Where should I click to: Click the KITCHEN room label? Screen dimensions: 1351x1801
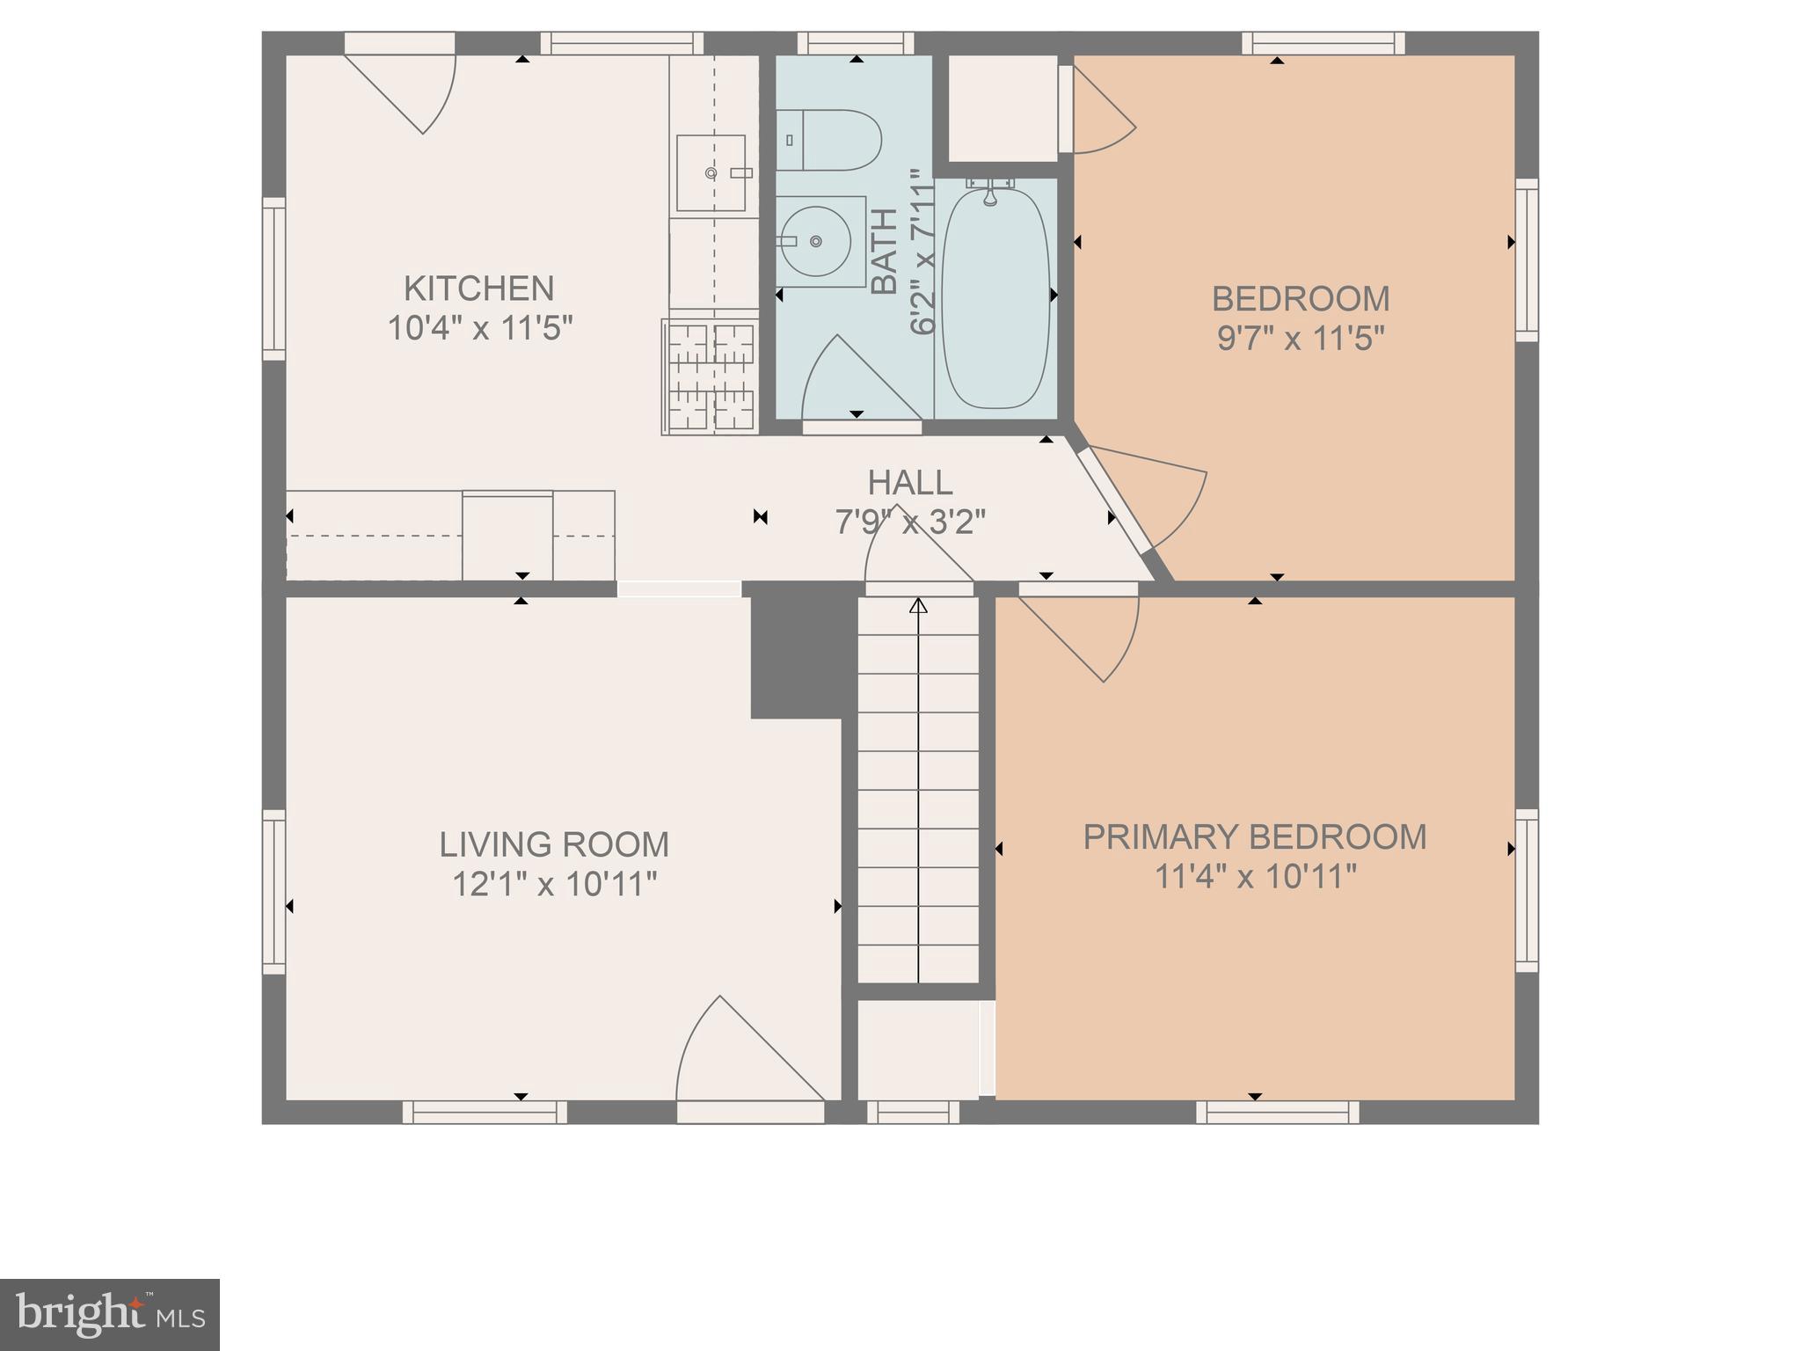[478, 288]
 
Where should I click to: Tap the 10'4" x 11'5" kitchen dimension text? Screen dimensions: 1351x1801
[480, 329]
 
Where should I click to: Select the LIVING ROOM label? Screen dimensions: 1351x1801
[554, 844]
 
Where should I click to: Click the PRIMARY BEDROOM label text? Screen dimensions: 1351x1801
[1254, 836]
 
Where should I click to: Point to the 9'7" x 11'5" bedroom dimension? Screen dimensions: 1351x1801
[1301, 339]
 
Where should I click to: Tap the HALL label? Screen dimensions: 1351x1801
[909, 483]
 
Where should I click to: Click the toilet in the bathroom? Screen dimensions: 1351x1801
[831, 140]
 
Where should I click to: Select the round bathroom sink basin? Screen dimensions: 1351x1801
[816, 241]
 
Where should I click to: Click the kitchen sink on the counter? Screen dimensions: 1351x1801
[711, 172]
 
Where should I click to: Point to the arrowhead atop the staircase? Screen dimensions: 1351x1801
[918, 605]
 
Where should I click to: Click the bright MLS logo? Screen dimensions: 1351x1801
[110, 1314]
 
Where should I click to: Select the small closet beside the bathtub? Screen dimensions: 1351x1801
[1003, 108]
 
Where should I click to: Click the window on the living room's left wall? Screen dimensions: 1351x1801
[274, 891]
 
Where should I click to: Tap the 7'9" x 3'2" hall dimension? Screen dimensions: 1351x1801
[909, 522]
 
